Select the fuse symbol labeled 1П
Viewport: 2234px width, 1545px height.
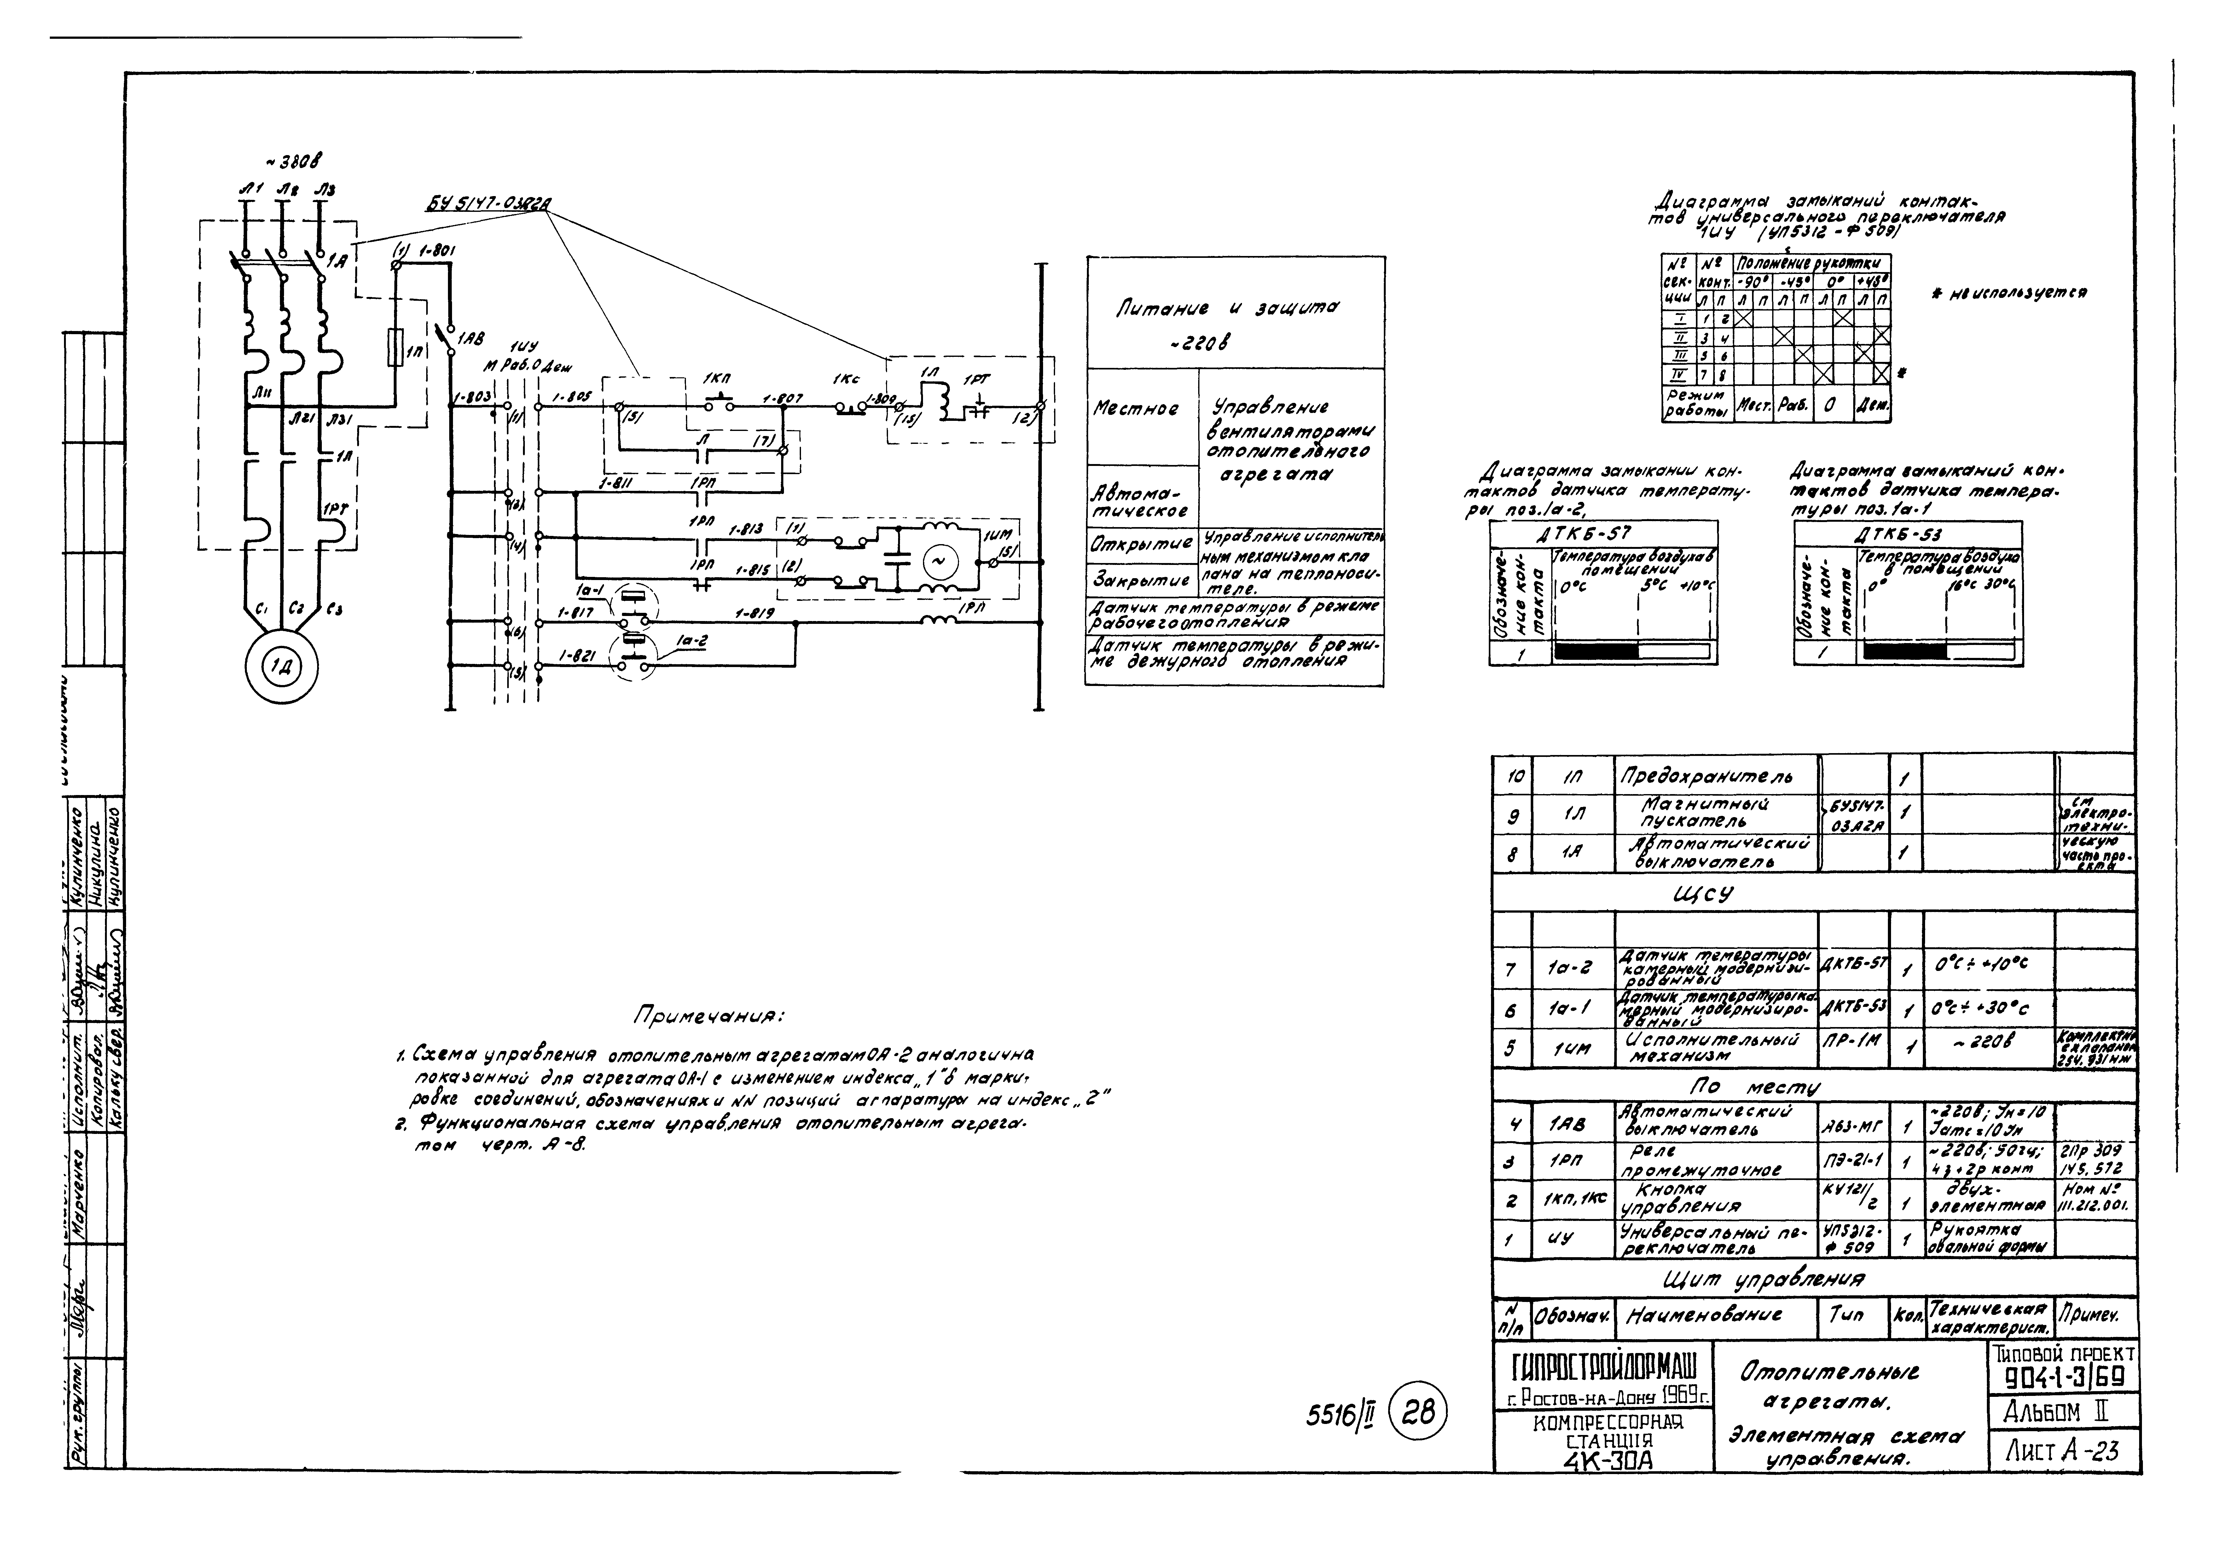(x=395, y=346)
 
